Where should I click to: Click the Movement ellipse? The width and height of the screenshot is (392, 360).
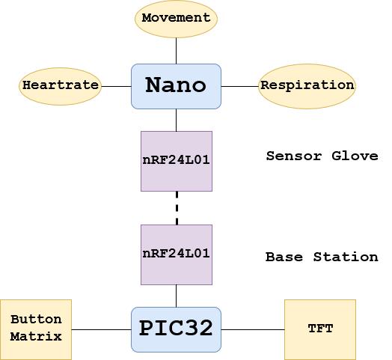tap(176, 18)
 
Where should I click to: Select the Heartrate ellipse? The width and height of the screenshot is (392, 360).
tap(60, 85)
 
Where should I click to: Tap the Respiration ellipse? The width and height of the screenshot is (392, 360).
tap(307, 85)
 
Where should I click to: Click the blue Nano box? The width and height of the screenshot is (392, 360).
tap(176, 85)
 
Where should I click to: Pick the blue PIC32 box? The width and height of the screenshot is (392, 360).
tap(176, 329)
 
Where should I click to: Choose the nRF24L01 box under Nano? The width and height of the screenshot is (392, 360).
tap(177, 160)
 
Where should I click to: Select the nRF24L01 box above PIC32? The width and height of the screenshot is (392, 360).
tap(177, 254)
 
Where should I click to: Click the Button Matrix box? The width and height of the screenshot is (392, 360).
tap(36, 329)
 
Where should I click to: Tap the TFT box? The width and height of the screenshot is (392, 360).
tap(320, 329)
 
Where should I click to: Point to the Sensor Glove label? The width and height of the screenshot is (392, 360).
tap(322, 156)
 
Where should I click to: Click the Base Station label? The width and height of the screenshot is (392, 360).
tap(322, 257)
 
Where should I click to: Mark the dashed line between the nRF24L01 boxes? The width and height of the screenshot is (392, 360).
tap(177, 207)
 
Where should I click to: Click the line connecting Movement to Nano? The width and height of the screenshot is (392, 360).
tap(176, 50)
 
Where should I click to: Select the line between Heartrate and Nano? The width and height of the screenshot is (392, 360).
tap(116, 85)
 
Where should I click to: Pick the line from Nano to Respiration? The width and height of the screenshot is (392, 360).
tap(239, 85)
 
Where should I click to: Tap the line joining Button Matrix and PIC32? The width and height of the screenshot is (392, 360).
tap(101, 329)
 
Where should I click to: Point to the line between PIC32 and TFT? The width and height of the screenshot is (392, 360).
tap(253, 329)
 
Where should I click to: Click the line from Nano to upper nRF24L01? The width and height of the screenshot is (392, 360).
tap(177, 119)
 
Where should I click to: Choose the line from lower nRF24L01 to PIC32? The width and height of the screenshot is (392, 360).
tap(177, 295)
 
